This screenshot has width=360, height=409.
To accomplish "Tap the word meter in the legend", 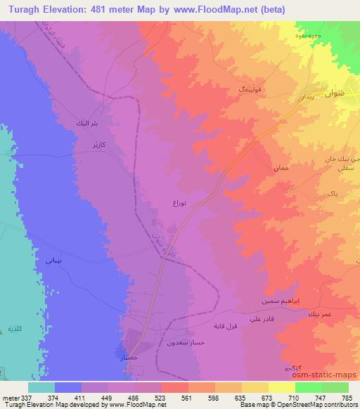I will pyautogui.click(x=11, y=397).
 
